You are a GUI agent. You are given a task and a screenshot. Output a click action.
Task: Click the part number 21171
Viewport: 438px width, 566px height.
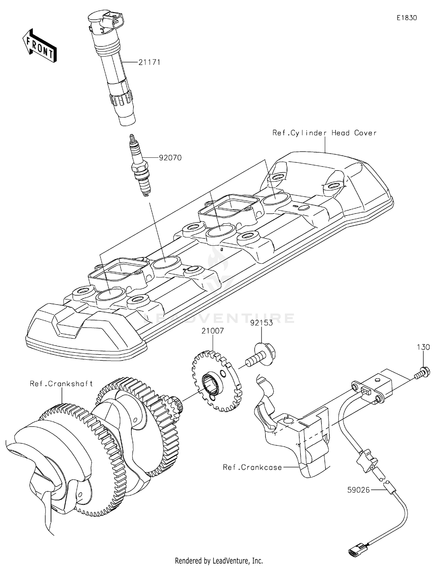tap(149, 62)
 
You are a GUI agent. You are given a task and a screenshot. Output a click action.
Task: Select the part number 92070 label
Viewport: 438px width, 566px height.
tap(170, 158)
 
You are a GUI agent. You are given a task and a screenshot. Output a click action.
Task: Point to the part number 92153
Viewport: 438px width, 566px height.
tap(261, 323)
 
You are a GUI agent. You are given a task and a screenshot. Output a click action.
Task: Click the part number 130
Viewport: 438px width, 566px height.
tap(423, 347)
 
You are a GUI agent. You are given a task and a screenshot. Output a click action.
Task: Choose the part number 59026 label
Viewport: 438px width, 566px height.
tap(358, 490)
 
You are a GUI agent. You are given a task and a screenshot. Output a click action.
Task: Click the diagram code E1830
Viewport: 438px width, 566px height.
tap(406, 18)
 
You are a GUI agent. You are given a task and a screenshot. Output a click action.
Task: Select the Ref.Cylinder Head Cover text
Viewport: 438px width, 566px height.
tap(324, 133)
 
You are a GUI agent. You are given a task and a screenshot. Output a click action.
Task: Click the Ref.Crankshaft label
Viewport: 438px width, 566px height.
tap(61, 383)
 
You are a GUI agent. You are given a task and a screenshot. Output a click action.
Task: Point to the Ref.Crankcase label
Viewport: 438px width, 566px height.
tap(252, 467)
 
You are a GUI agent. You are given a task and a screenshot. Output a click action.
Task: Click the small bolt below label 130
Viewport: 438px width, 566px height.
tap(421, 373)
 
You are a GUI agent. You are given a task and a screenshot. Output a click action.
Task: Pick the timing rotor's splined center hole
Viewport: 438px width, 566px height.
tap(211, 385)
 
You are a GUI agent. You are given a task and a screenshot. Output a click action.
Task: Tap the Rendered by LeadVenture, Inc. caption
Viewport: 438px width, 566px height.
tap(219, 560)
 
